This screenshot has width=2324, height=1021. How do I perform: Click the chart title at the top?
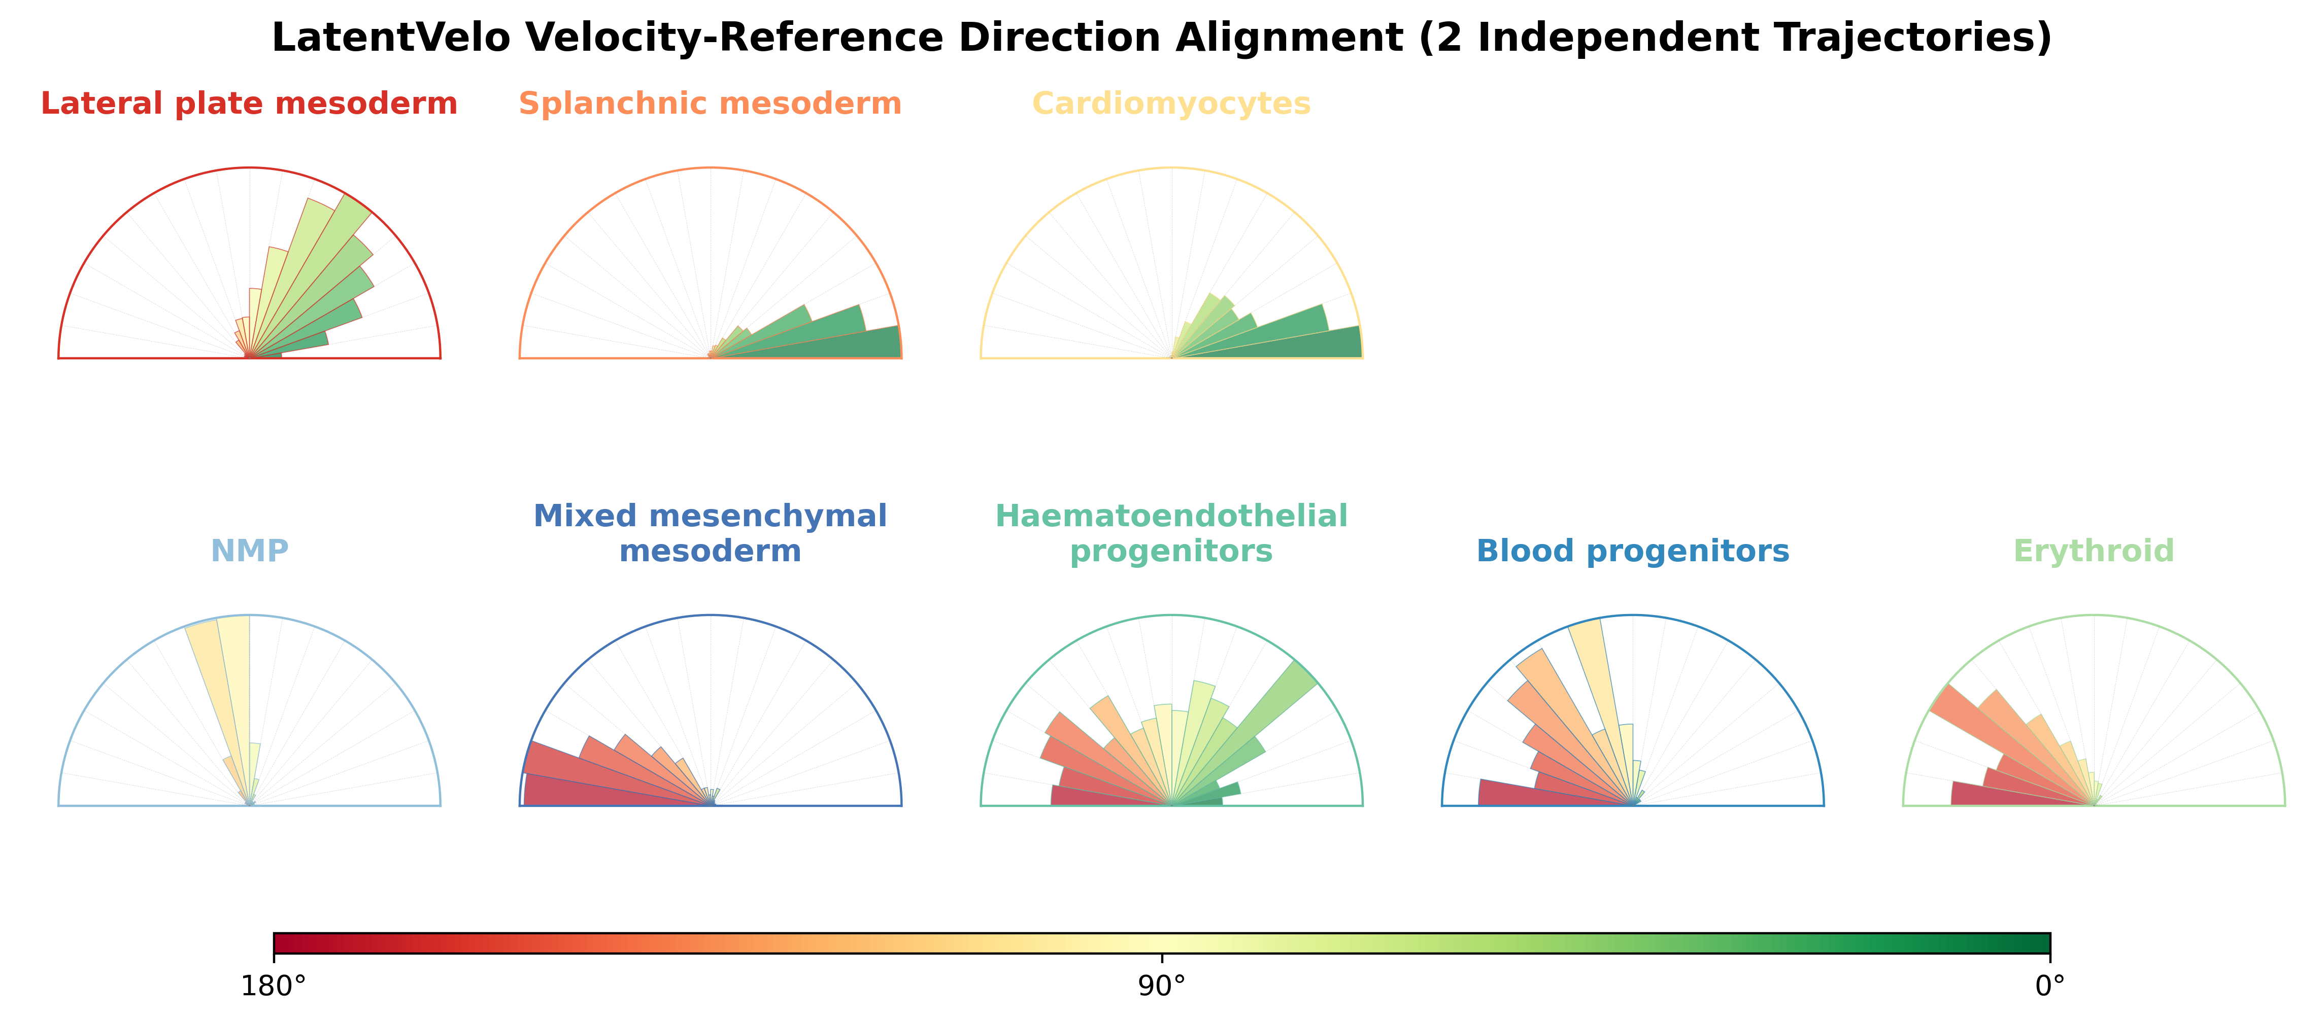click(1162, 38)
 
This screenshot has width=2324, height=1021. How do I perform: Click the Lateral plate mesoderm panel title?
click(249, 104)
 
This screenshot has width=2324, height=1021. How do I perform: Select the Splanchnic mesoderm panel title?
click(710, 104)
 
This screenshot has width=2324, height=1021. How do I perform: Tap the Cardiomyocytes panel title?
click(1171, 104)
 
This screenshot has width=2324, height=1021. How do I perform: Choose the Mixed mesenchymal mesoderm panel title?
click(710, 533)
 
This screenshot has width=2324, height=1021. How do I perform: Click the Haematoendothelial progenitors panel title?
click(1171, 533)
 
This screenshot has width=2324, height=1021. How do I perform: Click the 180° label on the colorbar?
click(274, 986)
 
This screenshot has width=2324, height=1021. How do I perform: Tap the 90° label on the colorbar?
click(1162, 986)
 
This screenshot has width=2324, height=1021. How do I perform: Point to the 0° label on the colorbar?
click(2050, 986)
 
